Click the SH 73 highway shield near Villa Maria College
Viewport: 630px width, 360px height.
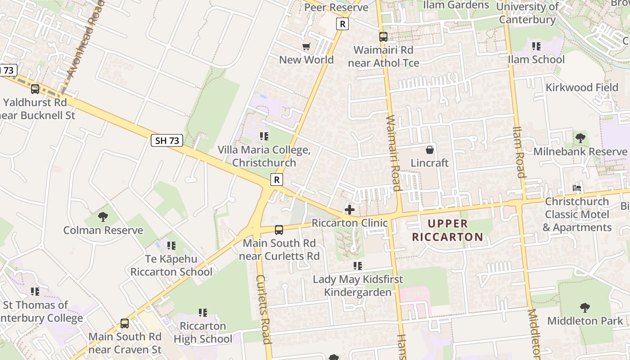(167, 141)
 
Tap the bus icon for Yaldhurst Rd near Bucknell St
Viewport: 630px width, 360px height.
(35, 89)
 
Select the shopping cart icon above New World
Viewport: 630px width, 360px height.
(306, 47)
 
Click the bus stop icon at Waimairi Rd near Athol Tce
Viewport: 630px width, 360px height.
(383, 37)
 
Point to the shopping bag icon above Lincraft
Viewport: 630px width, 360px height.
(430, 150)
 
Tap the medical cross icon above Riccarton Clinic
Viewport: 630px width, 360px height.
(350, 210)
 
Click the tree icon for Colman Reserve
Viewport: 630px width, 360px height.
(103, 217)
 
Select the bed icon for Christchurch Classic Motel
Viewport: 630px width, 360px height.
(577, 188)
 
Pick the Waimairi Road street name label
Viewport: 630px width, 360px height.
(393, 153)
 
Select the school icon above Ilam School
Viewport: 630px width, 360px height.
(536, 46)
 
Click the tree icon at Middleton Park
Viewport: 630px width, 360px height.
(585, 308)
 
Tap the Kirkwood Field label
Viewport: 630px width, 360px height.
(582, 87)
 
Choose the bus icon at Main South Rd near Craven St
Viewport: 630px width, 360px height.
(125, 324)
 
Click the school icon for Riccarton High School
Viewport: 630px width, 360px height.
(203, 312)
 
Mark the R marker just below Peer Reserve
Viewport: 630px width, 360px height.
(342, 24)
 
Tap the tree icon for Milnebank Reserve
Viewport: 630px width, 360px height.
(580, 138)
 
